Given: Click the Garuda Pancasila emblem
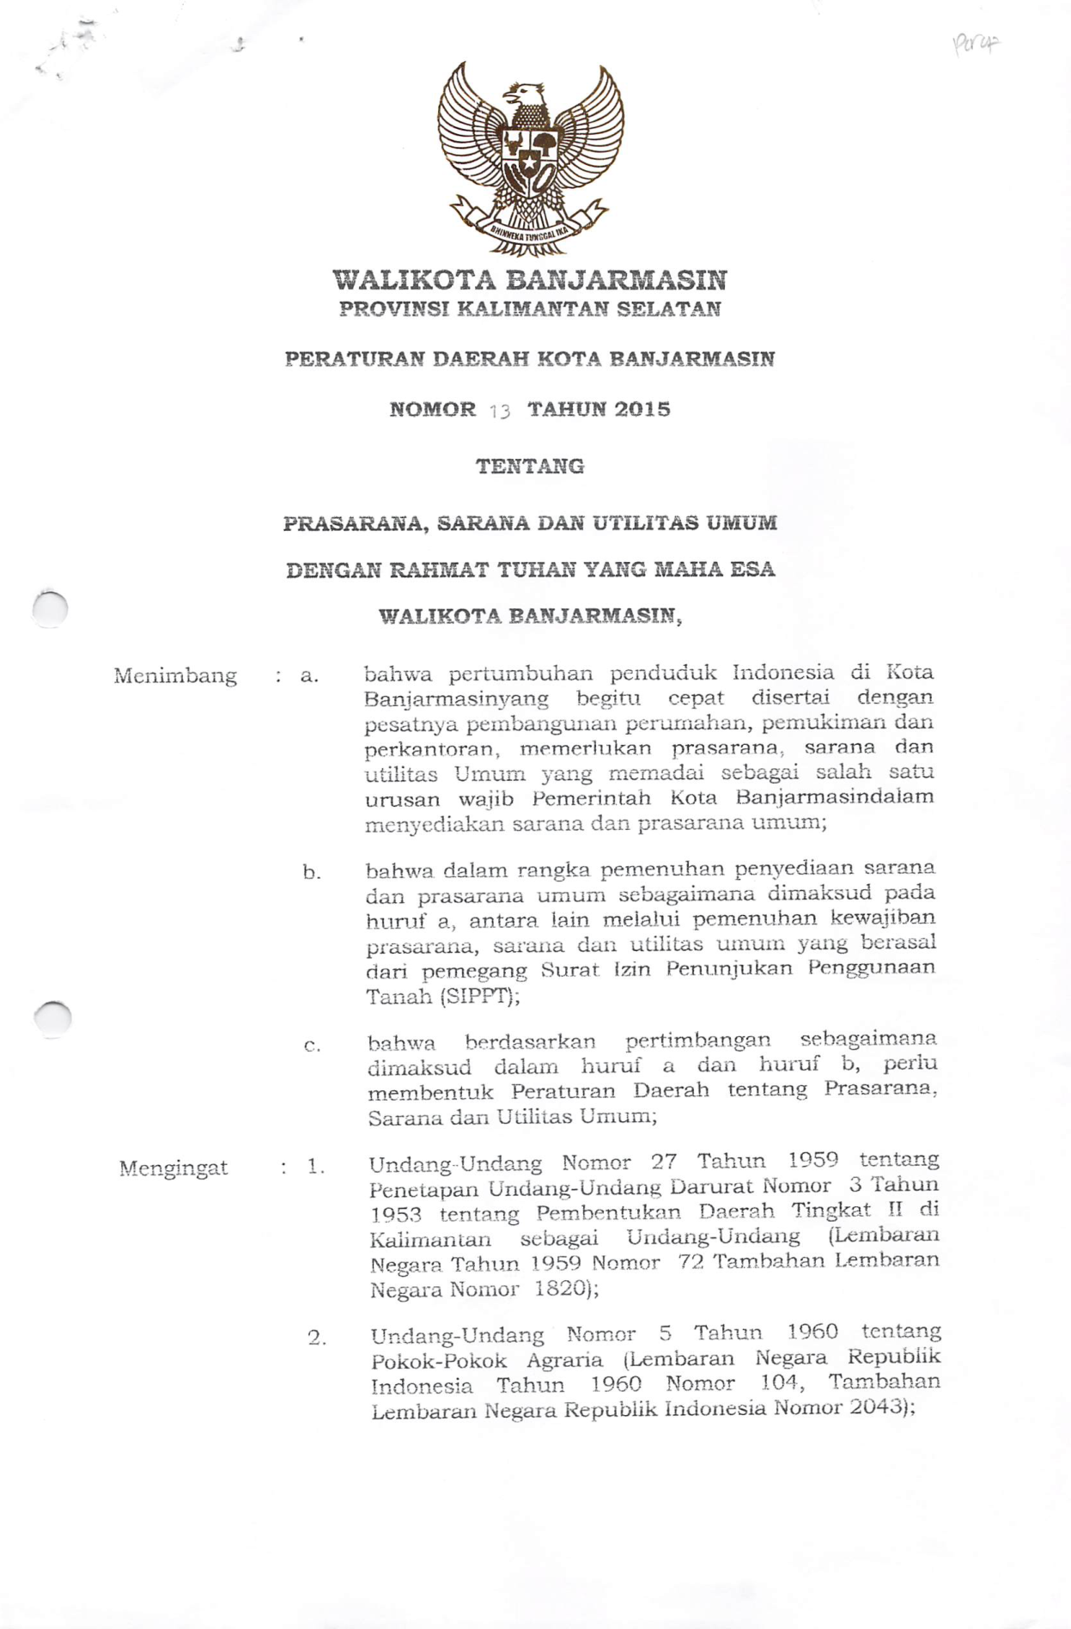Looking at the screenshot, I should [x=530, y=159].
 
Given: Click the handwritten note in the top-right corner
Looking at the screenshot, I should [x=977, y=43].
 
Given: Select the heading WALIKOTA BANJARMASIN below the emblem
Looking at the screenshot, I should [x=530, y=280].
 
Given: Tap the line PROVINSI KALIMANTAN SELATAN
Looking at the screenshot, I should [x=530, y=309].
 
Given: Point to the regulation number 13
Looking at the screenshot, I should [x=500, y=411].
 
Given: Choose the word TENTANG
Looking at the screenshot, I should [x=530, y=467].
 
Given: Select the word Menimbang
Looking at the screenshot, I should [x=175, y=676].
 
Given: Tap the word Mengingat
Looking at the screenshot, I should [x=173, y=1168].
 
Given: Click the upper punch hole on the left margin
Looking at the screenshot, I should [x=50, y=608].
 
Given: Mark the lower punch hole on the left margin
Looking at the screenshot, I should [x=53, y=1019].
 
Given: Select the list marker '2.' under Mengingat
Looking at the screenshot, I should [x=317, y=1338].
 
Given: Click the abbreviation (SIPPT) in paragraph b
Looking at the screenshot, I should [x=479, y=997].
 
